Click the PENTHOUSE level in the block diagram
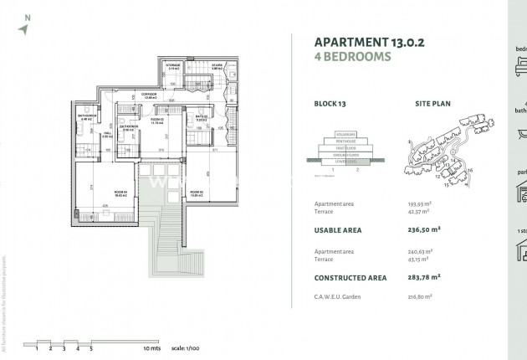pyautogui.click(x=346, y=140)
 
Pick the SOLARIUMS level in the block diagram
pyautogui.click(x=346, y=133)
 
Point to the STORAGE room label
pyautogui.click(x=173, y=64)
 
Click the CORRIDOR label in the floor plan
pyautogui.click(x=150, y=95)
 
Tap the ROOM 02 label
pyautogui.click(x=198, y=193)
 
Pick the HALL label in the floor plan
pyautogui.click(x=107, y=133)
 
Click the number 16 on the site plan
pyautogui.click(x=470, y=171)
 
